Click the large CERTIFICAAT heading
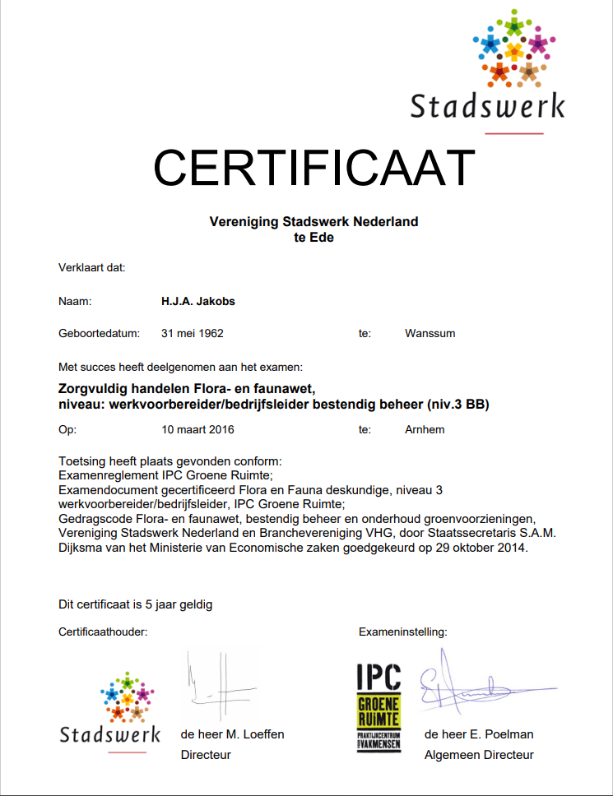(x=314, y=168)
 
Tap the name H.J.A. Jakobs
(x=198, y=301)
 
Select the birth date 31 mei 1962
(x=193, y=333)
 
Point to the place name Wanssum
(x=430, y=333)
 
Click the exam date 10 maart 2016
(x=197, y=429)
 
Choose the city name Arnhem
(x=425, y=429)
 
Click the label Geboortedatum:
(x=99, y=333)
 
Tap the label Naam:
(x=75, y=301)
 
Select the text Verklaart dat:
(x=91, y=267)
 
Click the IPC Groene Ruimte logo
(x=378, y=706)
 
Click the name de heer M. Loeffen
(x=232, y=734)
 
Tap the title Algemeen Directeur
(x=479, y=754)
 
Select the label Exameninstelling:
(x=402, y=632)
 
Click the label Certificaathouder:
(x=103, y=632)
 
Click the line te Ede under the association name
(x=313, y=238)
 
